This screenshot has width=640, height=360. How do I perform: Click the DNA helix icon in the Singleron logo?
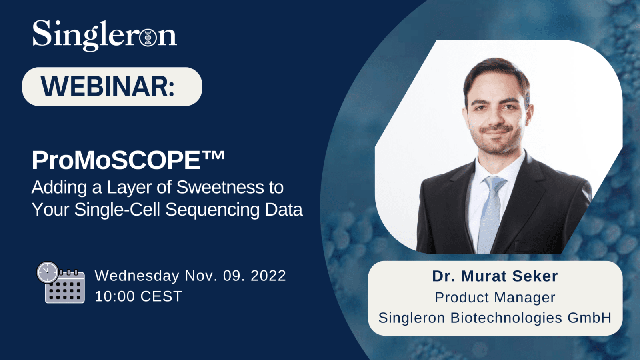pyautogui.click(x=148, y=38)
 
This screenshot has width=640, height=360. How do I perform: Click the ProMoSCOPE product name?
pyautogui.click(x=116, y=160)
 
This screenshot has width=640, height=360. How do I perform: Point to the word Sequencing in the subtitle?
pyautogui.click(x=212, y=210)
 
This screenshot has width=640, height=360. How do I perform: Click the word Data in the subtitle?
pyautogui.click(x=284, y=210)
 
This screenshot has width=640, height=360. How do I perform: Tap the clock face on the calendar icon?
pyautogui.click(x=48, y=272)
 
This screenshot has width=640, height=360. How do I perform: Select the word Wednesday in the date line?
pyautogui.click(x=137, y=276)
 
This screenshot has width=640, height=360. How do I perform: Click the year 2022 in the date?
pyautogui.click(x=268, y=276)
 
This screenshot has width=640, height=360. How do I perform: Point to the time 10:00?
pyautogui.click(x=115, y=296)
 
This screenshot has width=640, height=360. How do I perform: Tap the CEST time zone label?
pyautogui.click(x=162, y=296)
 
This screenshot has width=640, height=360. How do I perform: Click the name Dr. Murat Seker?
pyautogui.click(x=495, y=276)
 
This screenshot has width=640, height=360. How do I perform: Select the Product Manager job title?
pyautogui.click(x=495, y=297)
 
